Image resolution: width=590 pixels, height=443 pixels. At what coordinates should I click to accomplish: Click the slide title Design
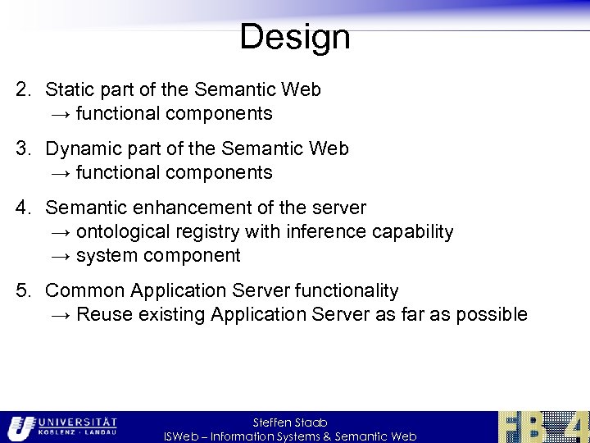(x=294, y=37)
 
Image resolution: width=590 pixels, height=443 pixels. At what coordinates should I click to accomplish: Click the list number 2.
(x=23, y=89)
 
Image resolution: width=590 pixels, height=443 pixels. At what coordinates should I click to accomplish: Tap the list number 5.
(x=23, y=291)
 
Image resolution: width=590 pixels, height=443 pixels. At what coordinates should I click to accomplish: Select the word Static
(x=70, y=89)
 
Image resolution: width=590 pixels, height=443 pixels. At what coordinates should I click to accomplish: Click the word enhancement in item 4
(x=179, y=208)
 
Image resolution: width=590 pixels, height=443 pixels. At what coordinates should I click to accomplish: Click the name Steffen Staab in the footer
(x=290, y=422)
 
